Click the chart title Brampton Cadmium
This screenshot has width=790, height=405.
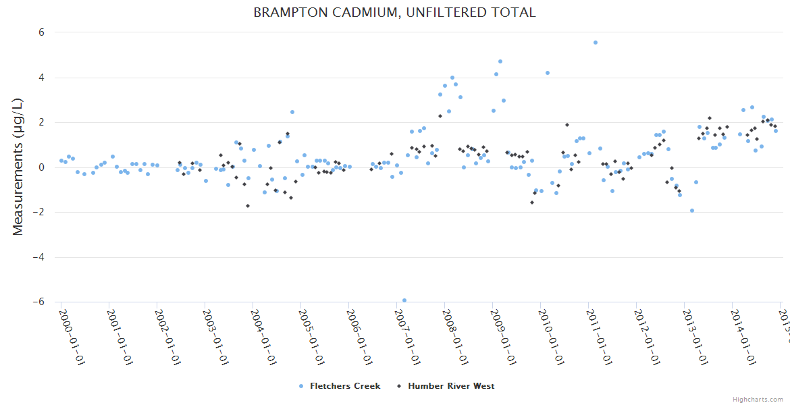(x=394, y=13)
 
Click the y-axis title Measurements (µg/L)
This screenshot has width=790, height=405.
(x=18, y=167)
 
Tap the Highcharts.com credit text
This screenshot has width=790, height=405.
(x=758, y=399)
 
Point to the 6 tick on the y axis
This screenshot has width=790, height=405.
(x=41, y=32)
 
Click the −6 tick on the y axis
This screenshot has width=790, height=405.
(x=38, y=302)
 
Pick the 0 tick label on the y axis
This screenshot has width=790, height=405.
(x=41, y=167)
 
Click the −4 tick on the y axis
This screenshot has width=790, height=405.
(x=38, y=257)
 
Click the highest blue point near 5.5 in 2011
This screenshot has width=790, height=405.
(x=595, y=43)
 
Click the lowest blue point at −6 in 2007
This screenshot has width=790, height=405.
(x=404, y=300)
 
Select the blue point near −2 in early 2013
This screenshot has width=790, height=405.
(x=691, y=211)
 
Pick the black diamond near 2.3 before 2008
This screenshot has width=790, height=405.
(x=440, y=116)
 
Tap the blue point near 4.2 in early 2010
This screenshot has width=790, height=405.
(x=547, y=73)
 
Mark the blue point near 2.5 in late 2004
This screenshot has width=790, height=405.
(x=292, y=112)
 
